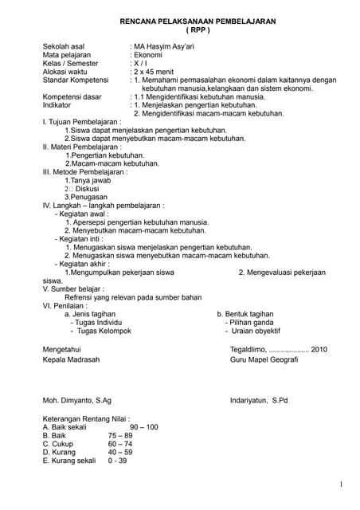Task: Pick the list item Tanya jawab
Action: [88, 180]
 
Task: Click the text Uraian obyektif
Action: [256, 330]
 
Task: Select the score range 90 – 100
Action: [143, 427]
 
